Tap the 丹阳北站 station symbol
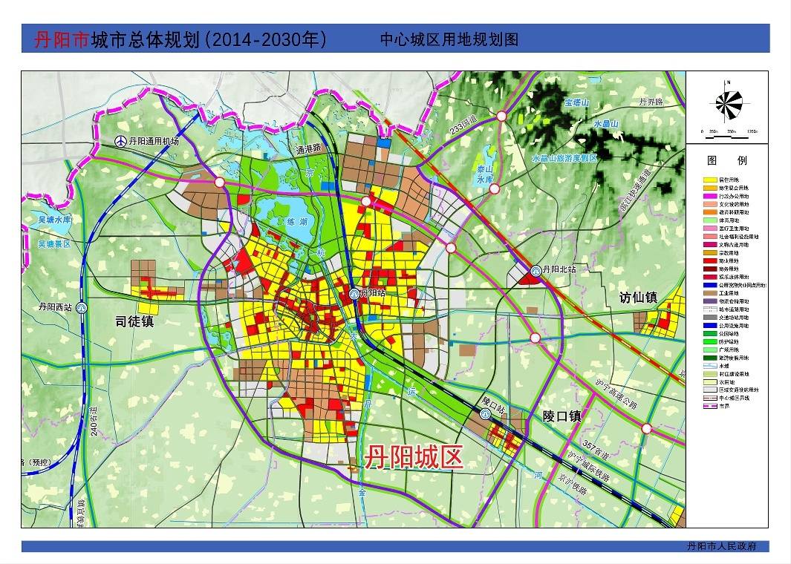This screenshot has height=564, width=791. pos(536,270)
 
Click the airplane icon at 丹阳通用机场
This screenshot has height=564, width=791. pos(120,141)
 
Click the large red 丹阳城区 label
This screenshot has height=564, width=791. pos(413,456)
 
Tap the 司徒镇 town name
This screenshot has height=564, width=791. pos(134,321)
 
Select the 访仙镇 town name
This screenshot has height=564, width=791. pos(639,298)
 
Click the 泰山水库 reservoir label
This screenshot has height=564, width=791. pos(485,174)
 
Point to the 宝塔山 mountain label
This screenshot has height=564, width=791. pos(576,103)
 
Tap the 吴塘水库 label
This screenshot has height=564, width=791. pos(45,220)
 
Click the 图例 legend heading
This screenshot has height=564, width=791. pos(727,160)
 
